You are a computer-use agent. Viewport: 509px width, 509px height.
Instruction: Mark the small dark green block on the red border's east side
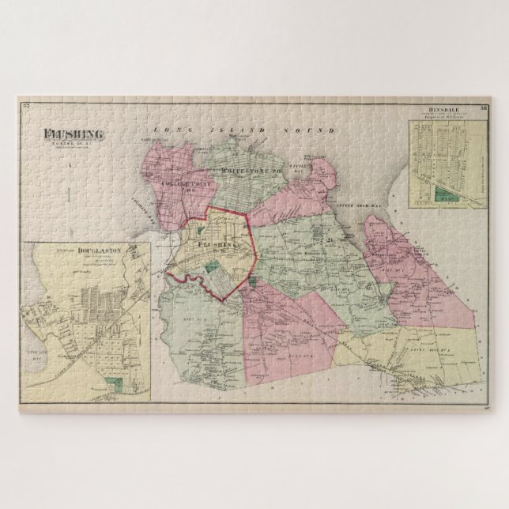251,281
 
